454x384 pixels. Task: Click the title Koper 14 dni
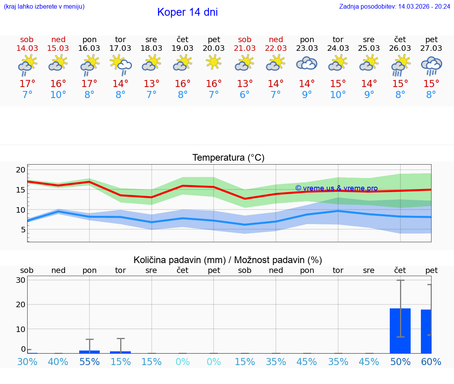187,12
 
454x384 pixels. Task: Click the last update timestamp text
394,7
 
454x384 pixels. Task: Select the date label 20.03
214,48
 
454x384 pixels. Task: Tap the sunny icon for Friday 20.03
214,62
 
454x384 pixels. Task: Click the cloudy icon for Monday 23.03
307,63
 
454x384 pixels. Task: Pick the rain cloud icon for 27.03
431,65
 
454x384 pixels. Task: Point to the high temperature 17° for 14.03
27,84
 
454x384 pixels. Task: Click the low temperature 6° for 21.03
245,95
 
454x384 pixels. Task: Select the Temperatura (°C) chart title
228,158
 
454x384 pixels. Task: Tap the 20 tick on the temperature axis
20,170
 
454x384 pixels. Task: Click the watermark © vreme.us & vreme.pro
336,188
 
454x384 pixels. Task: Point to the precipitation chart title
228,260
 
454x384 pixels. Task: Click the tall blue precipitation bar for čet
400,331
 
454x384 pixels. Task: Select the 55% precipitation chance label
89,362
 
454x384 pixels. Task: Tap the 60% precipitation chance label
431,362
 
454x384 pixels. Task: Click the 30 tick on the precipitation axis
20,280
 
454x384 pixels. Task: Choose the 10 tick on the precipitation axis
20,329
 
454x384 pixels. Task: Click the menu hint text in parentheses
44,7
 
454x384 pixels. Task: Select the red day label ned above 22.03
276,40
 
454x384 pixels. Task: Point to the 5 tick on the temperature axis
23,230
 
